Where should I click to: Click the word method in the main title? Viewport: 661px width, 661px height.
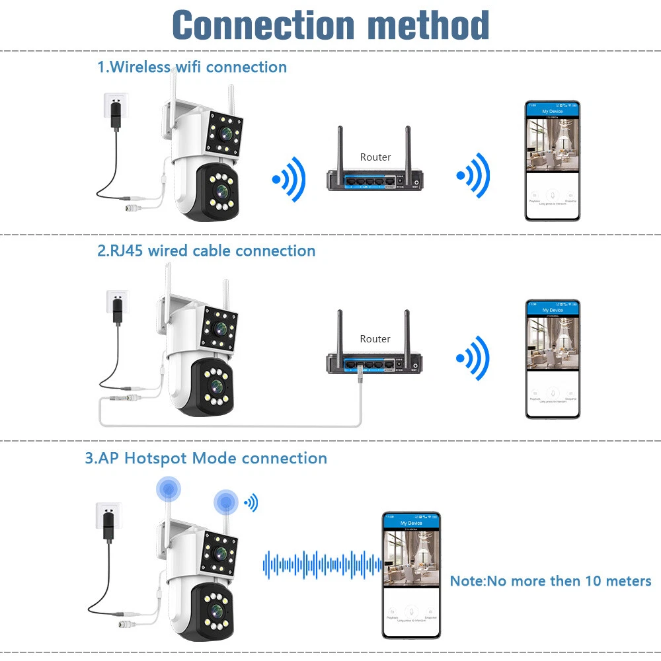coord(428,26)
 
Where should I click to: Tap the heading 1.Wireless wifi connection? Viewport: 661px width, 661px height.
coord(192,67)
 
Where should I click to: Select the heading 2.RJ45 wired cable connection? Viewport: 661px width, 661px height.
coord(206,251)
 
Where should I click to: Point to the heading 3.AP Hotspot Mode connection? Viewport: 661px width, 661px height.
coord(206,458)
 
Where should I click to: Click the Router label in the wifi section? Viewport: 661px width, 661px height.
coord(375,157)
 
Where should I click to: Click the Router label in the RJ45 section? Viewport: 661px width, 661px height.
coord(375,339)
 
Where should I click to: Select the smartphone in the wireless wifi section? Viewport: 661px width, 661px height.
coord(552,161)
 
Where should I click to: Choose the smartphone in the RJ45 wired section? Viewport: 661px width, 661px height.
coord(552,359)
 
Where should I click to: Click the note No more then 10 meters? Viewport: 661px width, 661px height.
coord(551,581)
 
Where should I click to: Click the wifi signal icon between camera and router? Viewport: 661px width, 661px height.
coord(289,178)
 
